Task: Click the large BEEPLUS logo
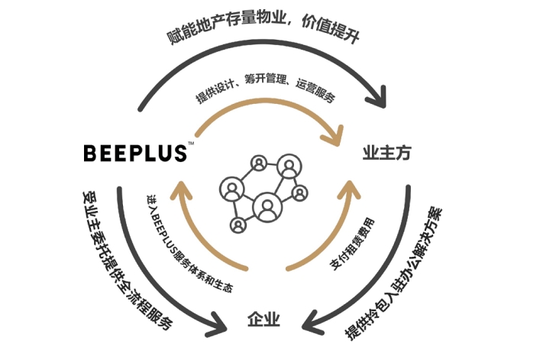point(134,152)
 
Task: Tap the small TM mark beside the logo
point(191,143)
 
